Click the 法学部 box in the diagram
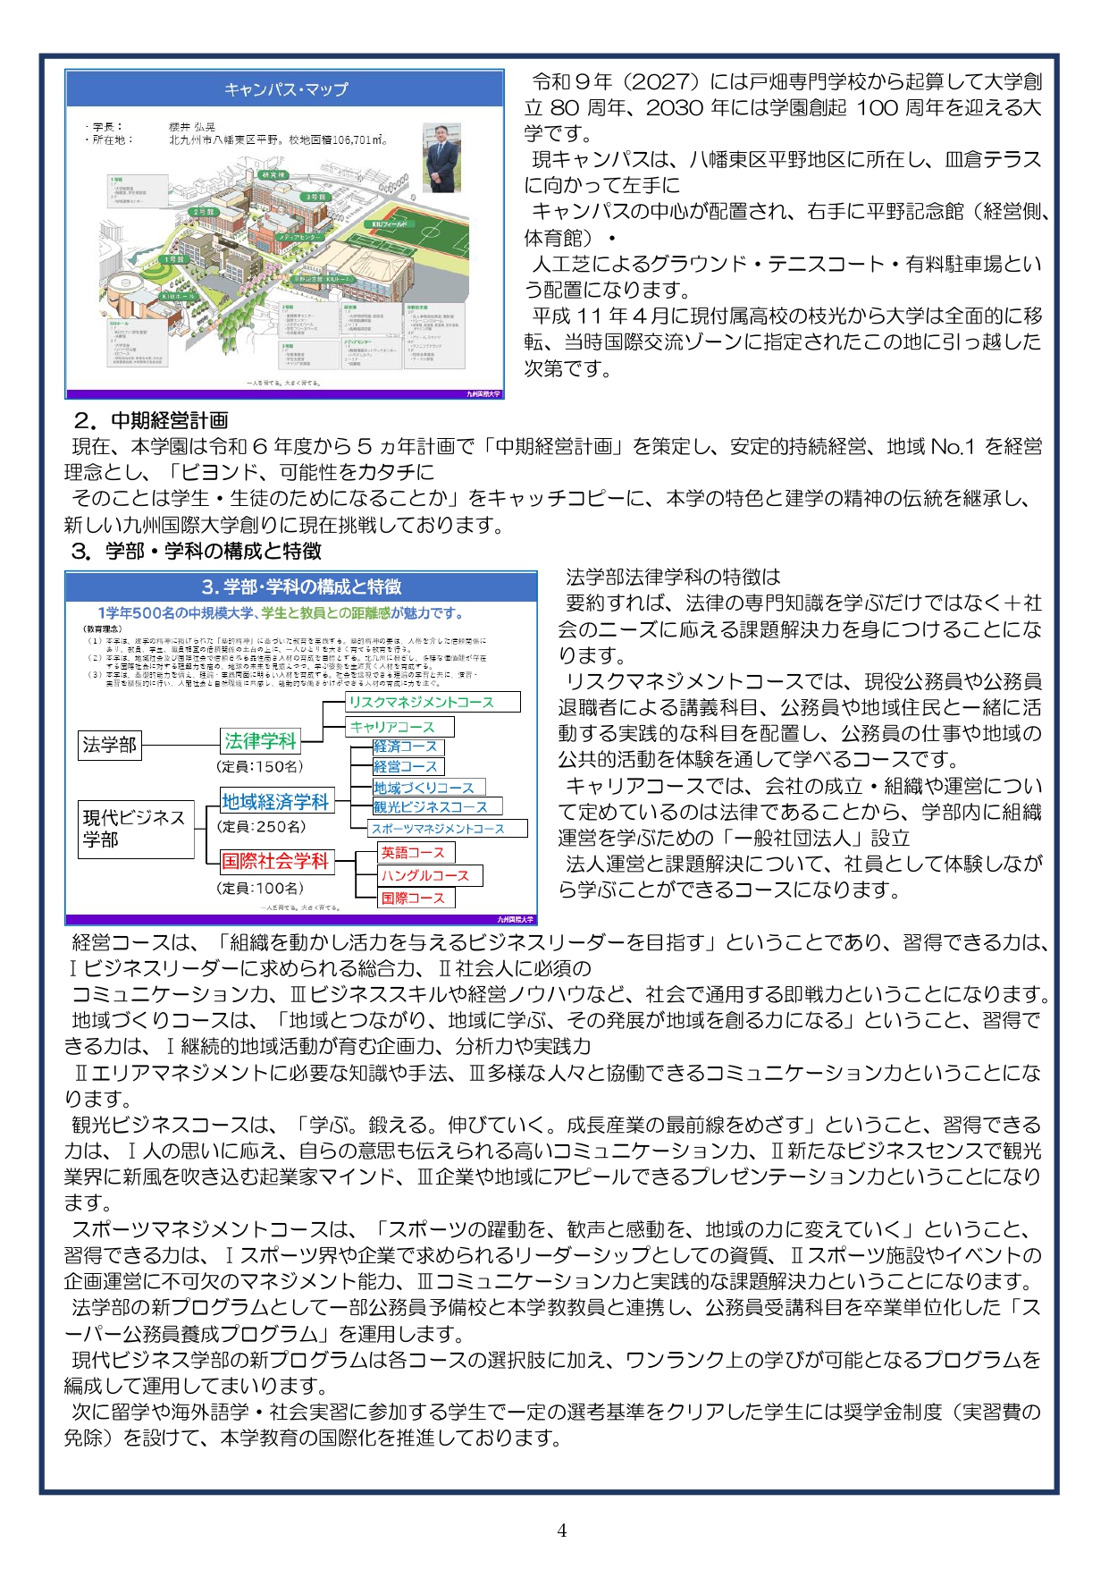click(110, 744)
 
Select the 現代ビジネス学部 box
click(135, 828)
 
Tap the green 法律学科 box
click(260, 741)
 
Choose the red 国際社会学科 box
click(277, 861)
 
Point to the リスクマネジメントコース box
click(433, 702)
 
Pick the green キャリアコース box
click(399, 727)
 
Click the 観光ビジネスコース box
click(437, 806)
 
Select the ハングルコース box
click(430, 875)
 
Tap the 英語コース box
click(416, 852)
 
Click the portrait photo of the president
click(441, 158)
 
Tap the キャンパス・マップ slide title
click(286, 89)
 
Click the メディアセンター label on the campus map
click(302, 238)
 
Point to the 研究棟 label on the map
click(273, 175)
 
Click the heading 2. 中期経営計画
click(150, 420)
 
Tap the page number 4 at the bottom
click(561, 1530)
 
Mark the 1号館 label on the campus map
click(173, 259)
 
